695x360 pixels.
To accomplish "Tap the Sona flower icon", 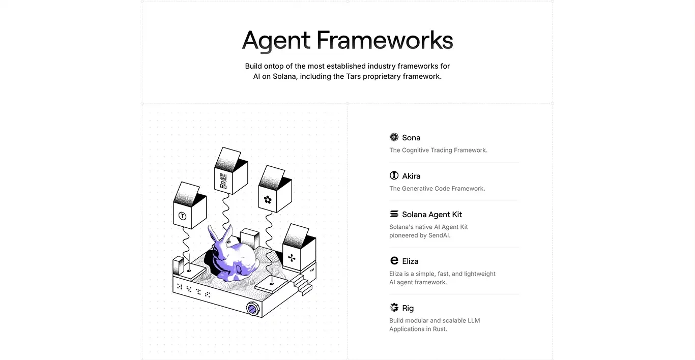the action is click(394, 137).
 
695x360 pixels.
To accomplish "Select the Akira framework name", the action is click(411, 176).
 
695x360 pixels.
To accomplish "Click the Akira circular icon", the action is click(394, 175).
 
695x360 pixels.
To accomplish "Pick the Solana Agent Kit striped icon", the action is click(394, 214).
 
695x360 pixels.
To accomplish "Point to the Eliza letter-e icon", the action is click(394, 260).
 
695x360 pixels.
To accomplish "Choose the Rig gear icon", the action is click(394, 308).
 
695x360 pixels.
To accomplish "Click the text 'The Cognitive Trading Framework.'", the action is click(438, 150).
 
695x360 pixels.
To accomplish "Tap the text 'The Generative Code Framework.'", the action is click(437, 189).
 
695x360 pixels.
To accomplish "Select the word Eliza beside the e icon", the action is click(410, 261).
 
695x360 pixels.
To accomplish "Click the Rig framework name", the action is click(408, 308).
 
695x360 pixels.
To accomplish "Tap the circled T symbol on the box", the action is click(183, 216).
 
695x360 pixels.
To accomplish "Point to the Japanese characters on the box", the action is click(223, 181).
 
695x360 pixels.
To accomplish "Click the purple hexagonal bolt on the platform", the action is click(252, 309).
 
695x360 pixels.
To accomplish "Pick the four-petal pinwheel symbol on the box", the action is click(292, 258).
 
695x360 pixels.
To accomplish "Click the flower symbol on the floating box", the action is click(268, 200).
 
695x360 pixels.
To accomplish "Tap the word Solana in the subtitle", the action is click(284, 76).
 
